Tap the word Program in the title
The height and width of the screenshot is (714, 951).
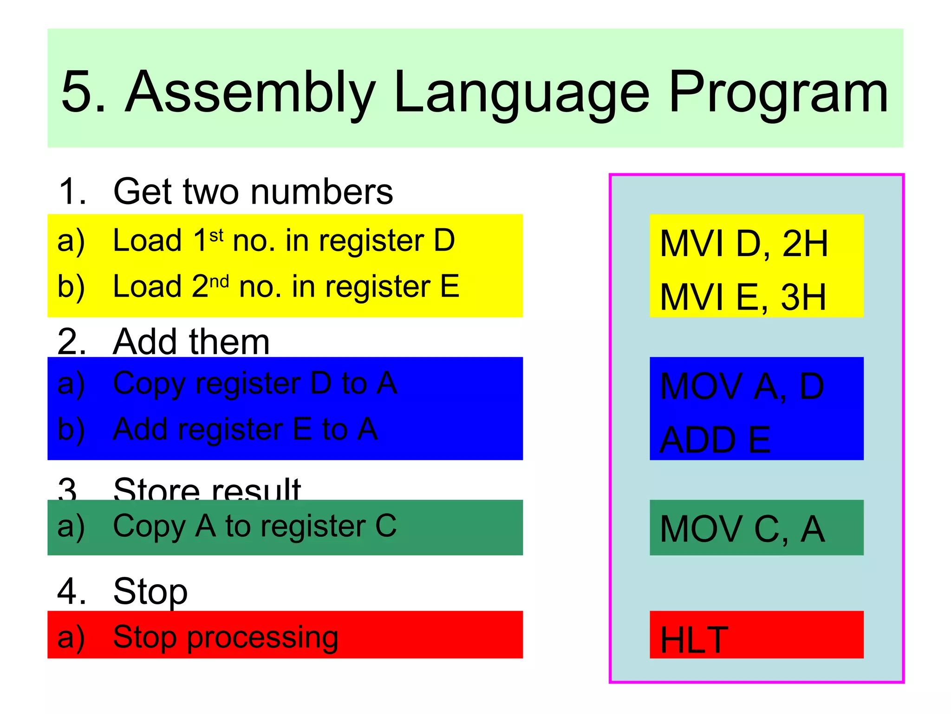click(778, 93)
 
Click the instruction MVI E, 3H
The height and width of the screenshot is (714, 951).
click(743, 297)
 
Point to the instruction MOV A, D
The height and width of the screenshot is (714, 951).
click(742, 386)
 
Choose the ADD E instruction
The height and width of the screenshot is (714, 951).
click(715, 440)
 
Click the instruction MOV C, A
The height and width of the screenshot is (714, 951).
click(742, 529)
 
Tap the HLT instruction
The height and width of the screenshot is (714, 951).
click(694, 640)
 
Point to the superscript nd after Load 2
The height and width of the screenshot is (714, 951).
click(219, 281)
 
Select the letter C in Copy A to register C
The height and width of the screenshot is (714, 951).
click(385, 526)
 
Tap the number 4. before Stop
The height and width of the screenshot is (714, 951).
click(72, 591)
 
